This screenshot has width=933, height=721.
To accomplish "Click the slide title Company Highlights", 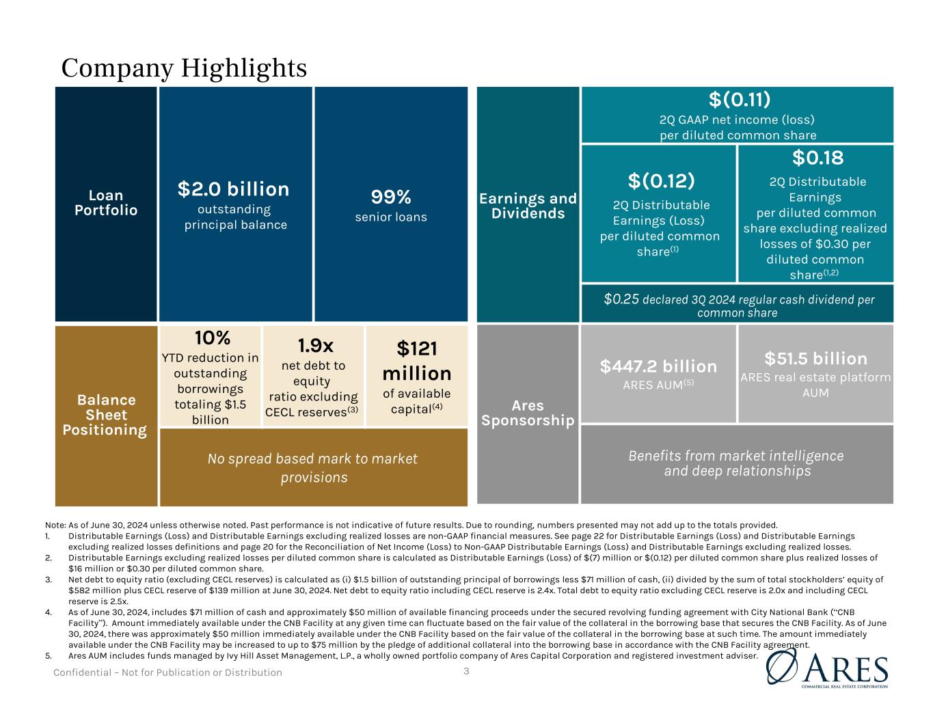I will [x=184, y=68].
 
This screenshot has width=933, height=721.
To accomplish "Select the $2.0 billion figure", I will [x=234, y=189].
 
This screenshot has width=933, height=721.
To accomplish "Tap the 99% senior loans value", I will [x=391, y=197].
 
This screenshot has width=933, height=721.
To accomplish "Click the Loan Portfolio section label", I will [x=106, y=202].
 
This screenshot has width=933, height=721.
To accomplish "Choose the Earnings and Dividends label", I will [x=528, y=205].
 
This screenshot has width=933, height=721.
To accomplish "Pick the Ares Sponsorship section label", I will [x=528, y=413].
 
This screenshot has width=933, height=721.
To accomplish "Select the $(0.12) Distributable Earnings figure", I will [x=661, y=181].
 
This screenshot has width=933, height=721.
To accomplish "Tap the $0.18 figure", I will [x=818, y=158].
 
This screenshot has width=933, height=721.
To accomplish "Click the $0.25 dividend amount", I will [x=618, y=299].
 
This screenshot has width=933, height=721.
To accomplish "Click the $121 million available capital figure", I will [x=417, y=361].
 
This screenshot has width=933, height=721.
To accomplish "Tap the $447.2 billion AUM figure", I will [x=658, y=366].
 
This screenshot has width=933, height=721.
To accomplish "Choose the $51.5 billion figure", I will [x=815, y=359].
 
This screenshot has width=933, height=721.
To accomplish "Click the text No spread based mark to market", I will [x=312, y=459].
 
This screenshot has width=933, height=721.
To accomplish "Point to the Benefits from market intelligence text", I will [x=735, y=456].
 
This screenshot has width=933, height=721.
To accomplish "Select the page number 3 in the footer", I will [x=466, y=671].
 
